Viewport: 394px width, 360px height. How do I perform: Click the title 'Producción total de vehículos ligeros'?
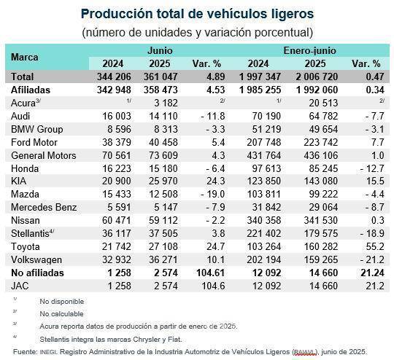(x=198, y=13)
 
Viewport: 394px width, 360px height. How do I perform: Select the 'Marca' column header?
(x=26, y=57)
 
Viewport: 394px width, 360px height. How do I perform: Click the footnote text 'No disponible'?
(x=62, y=301)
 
